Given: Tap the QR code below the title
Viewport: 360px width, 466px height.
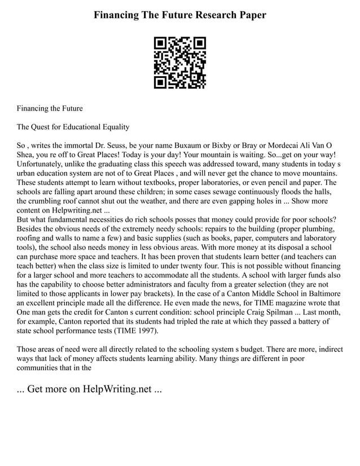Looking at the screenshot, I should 180,63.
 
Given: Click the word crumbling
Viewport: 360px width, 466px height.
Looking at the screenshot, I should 51,201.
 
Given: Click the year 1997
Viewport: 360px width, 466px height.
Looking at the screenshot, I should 146,330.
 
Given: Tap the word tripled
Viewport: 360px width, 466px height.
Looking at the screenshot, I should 191,321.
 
